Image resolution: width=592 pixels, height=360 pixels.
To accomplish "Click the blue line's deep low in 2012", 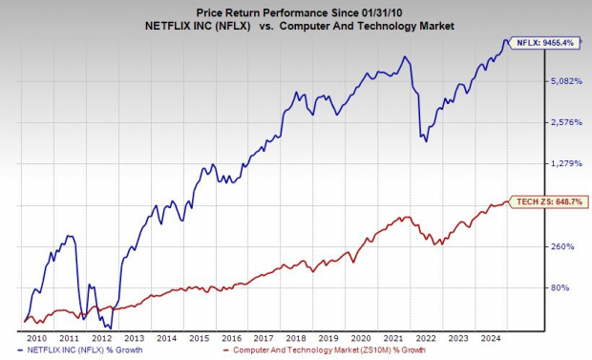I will (111, 328).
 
